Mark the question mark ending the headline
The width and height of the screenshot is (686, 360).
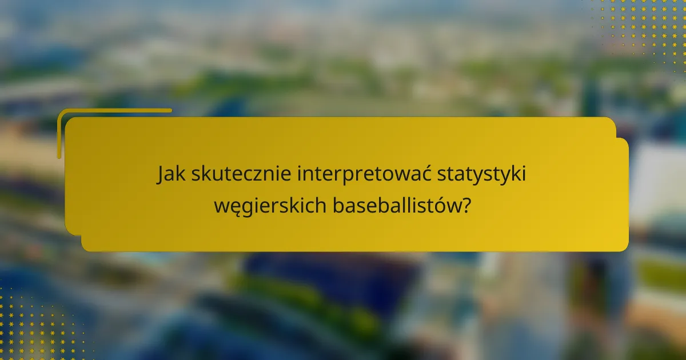[x=468, y=204]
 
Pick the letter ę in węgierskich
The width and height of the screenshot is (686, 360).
[x=235, y=207]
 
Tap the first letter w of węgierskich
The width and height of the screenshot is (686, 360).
[x=221, y=206]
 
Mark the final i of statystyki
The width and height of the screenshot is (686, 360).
[x=524, y=175]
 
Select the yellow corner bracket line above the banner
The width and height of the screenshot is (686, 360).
[x=114, y=110]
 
